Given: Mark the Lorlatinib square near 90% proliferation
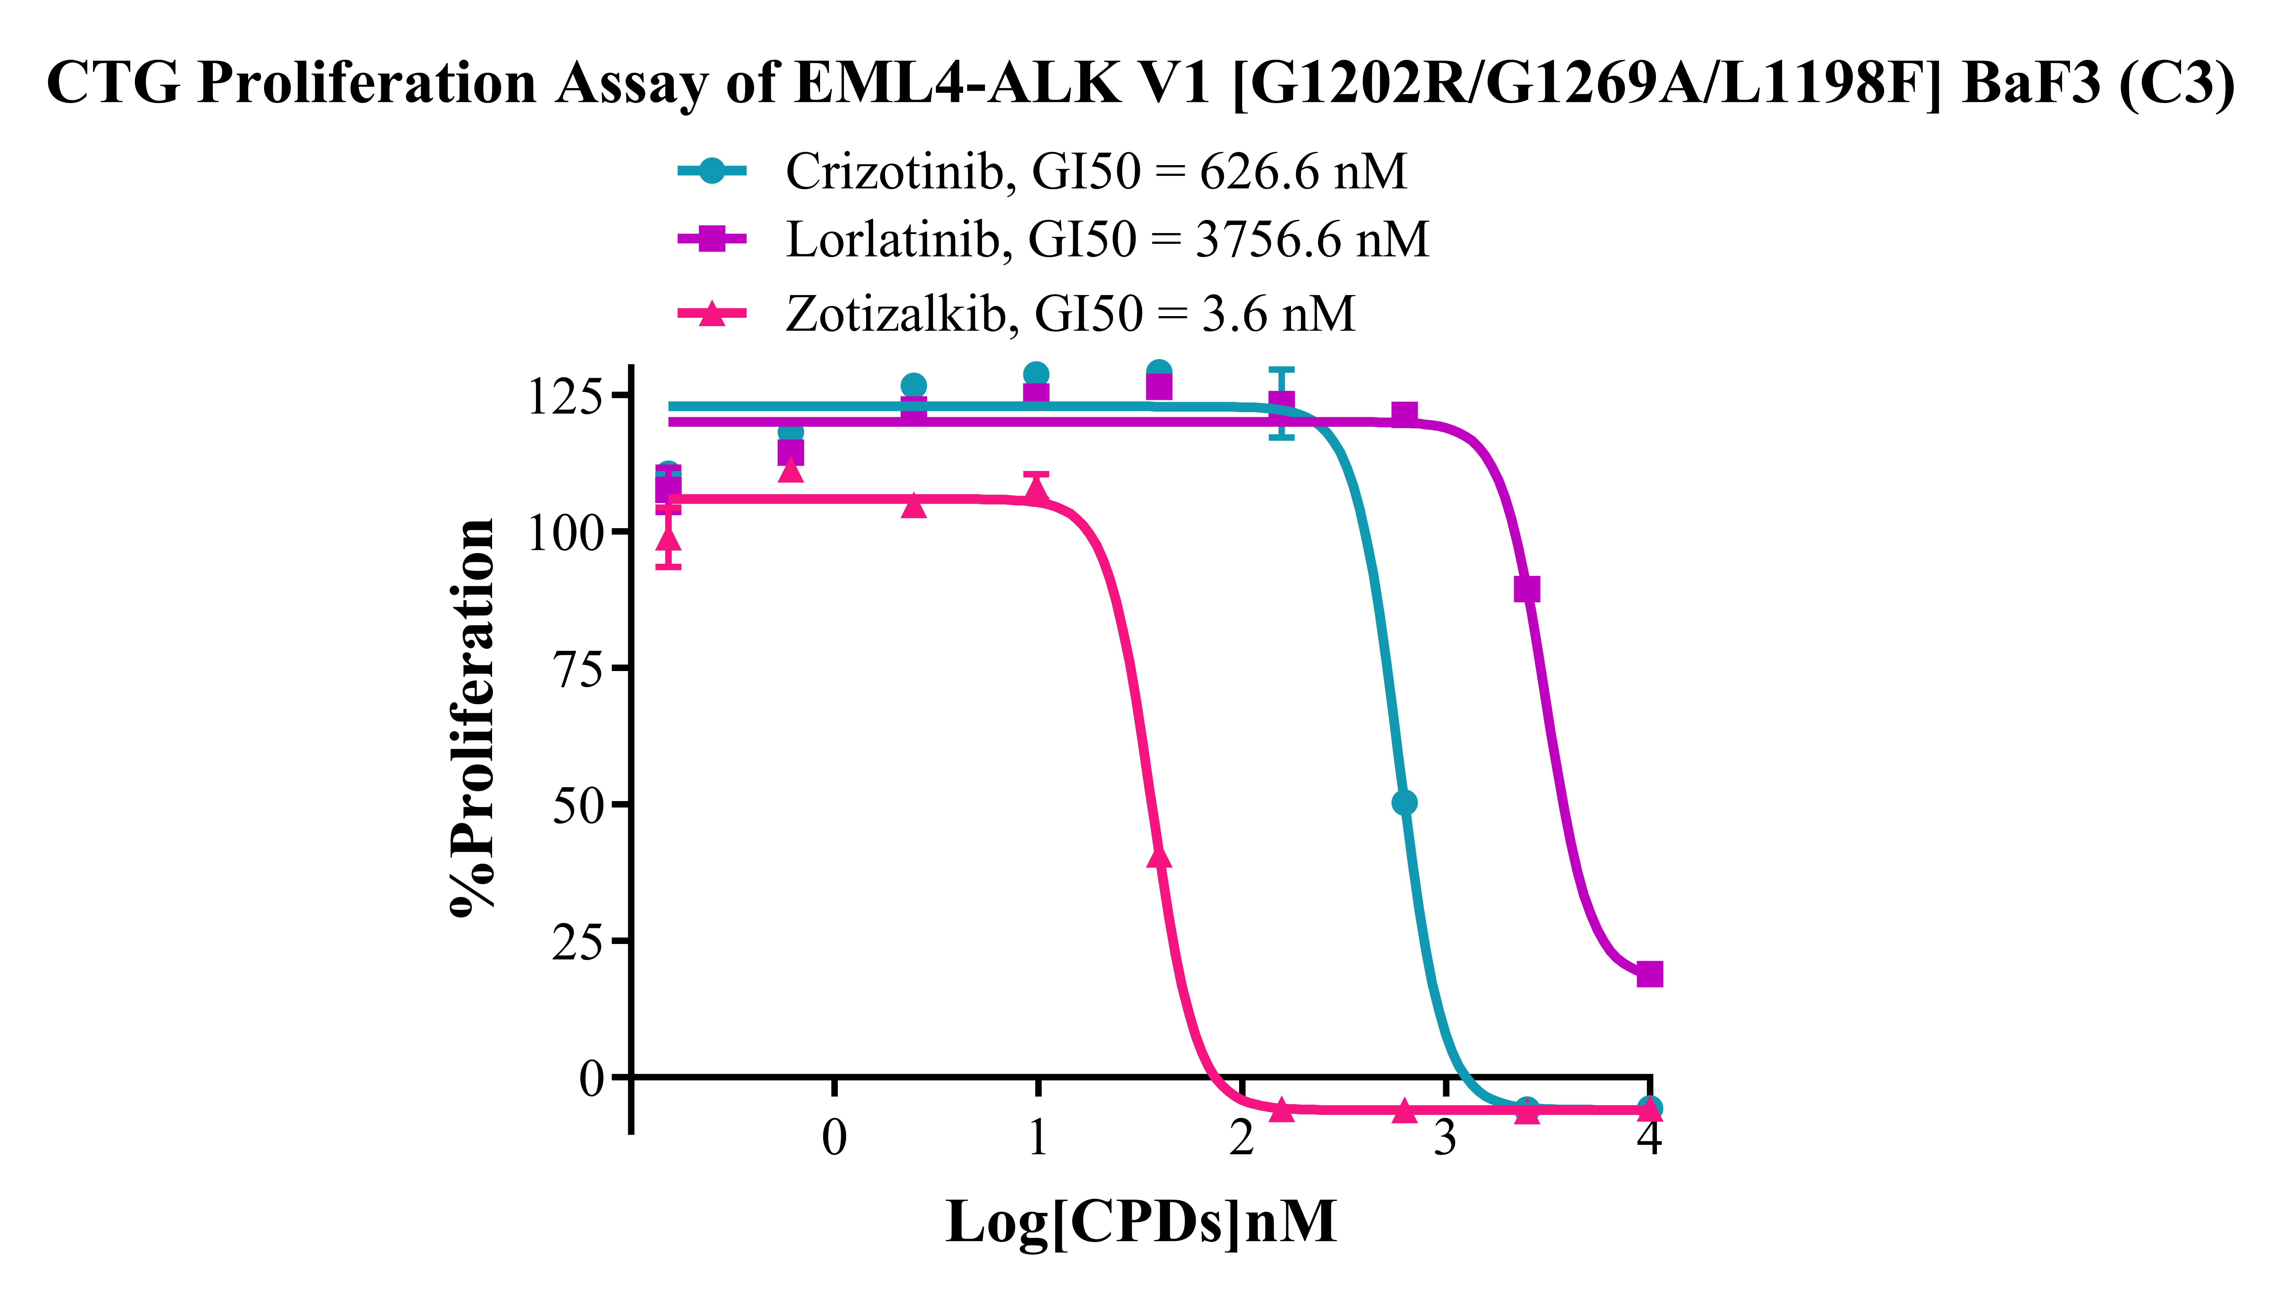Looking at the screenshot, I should point(1527,589).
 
